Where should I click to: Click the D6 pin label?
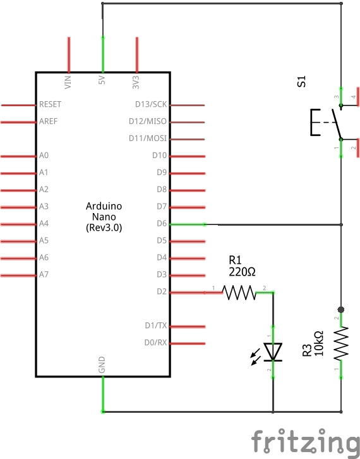(x=162, y=224)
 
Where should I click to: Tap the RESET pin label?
(x=51, y=104)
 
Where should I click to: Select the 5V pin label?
(x=102, y=80)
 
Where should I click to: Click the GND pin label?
(x=102, y=365)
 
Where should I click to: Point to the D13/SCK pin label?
(x=151, y=104)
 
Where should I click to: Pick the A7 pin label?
(x=44, y=274)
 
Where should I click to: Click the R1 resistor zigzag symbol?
(x=239, y=293)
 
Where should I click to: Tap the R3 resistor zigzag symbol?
(x=341, y=343)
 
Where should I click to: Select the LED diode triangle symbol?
(x=273, y=352)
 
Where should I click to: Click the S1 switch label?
(x=301, y=82)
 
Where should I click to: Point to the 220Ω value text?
(x=242, y=272)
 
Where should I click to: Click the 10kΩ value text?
(x=319, y=343)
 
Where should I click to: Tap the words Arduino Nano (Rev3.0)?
(x=104, y=217)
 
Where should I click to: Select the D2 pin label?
(x=162, y=291)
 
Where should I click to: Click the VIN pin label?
(x=68, y=82)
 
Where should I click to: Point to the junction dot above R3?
(x=340, y=309)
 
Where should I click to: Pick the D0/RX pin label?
(x=155, y=343)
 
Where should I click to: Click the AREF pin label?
(x=48, y=121)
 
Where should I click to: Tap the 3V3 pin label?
(x=136, y=82)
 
